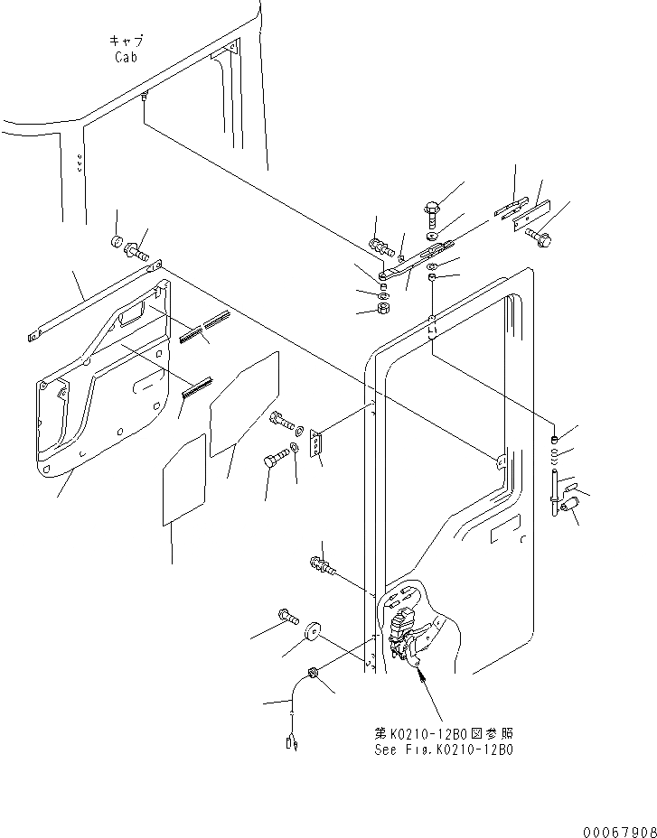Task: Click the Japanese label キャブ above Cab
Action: [x=127, y=42]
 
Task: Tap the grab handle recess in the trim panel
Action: [x=132, y=312]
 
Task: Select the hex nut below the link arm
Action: [x=383, y=309]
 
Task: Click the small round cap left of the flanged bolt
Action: [x=117, y=241]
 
